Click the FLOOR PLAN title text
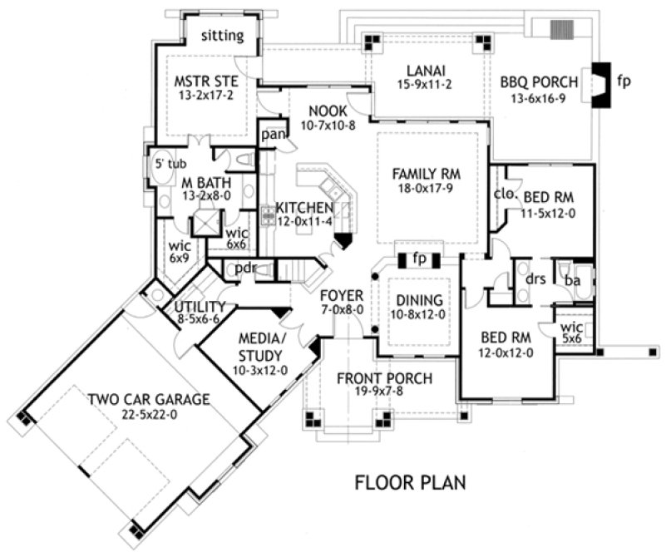tap(410, 482)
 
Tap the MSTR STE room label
tap(206, 81)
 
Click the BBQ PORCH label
tap(540, 82)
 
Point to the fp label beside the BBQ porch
tap(624, 82)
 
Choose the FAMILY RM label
tap(427, 175)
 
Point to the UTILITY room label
tap(200, 306)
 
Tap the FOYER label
tap(342, 295)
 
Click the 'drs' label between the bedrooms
tap(535, 278)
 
